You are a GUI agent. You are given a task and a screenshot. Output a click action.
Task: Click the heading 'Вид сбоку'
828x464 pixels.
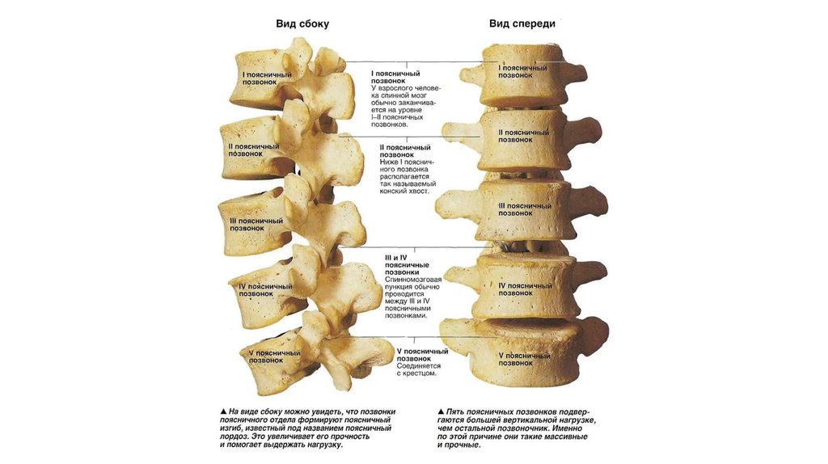[x=302, y=24]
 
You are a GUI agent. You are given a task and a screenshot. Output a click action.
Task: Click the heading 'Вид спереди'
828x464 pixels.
[x=522, y=24]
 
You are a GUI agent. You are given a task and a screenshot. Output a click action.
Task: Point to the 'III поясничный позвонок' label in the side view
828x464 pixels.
[x=256, y=224]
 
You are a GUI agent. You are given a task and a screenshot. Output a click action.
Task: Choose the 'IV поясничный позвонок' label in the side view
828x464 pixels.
[x=265, y=290]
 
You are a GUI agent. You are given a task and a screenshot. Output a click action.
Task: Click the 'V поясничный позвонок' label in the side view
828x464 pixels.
[x=274, y=356]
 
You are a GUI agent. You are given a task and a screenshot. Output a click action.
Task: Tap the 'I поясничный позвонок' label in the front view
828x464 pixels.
[x=525, y=73]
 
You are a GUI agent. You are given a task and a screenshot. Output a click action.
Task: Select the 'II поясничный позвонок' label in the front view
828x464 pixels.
[x=524, y=136]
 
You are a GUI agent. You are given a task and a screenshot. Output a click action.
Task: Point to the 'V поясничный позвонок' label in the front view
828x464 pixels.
[x=524, y=359]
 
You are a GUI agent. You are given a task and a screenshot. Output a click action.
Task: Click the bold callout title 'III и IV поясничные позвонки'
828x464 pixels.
[x=407, y=265]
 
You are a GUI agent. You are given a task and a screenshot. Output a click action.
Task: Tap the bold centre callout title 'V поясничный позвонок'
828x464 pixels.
[x=421, y=355]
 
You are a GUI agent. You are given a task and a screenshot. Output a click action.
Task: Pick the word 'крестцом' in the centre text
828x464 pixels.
[x=420, y=373]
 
